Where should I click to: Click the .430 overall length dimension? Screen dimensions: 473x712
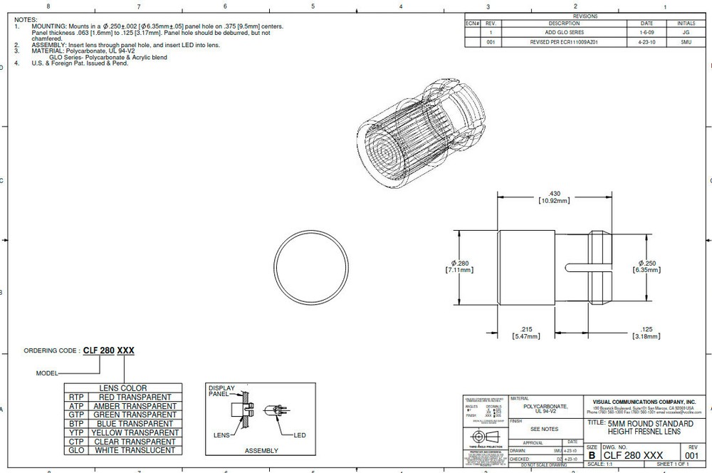[x=555, y=197]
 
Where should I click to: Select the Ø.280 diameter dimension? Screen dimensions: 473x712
[x=459, y=266]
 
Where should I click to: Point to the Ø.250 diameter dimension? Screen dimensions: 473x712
[x=646, y=266]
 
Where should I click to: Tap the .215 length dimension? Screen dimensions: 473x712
[x=526, y=331]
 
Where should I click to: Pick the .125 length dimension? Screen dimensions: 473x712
[x=646, y=331]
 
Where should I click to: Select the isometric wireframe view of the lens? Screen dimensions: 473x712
[x=418, y=136]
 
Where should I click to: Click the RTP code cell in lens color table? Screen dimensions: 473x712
[x=76, y=397]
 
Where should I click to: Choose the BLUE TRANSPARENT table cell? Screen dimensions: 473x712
[x=132, y=423]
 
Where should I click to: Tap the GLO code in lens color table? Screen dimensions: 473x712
[x=76, y=449]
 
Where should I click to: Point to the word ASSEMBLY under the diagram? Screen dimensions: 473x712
[x=261, y=450]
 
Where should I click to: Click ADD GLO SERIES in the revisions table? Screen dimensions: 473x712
[x=564, y=33]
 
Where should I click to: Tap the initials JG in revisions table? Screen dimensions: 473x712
[x=686, y=33]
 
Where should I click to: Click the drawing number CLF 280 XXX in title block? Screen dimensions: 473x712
[x=633, y=455]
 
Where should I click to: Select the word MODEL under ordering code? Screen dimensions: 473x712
[x=47, y=373]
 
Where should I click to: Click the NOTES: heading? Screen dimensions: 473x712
[x=26, y=20]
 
